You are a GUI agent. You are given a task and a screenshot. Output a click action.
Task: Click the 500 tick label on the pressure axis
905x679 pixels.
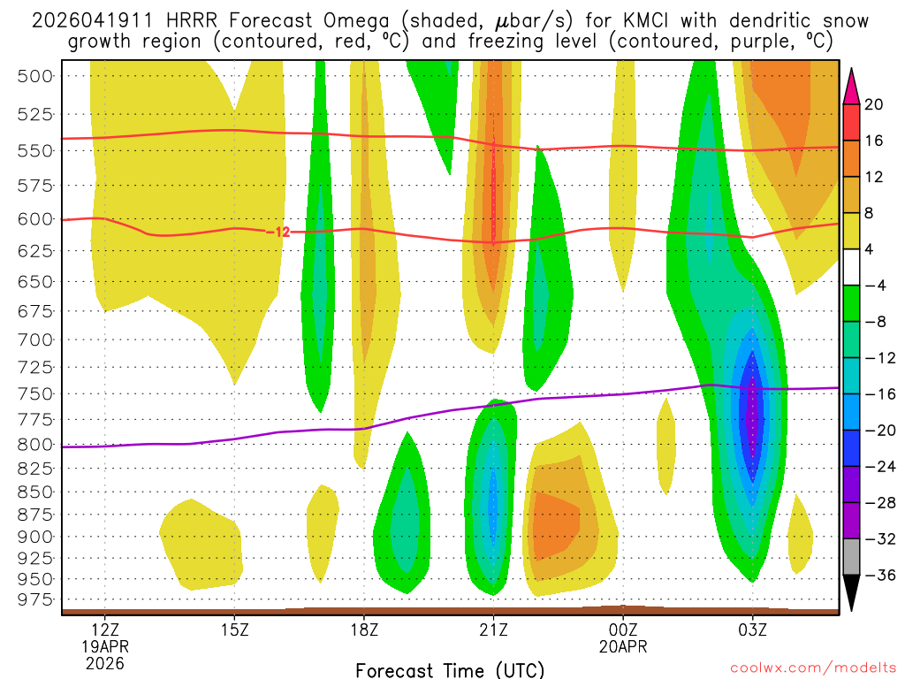[35, 76]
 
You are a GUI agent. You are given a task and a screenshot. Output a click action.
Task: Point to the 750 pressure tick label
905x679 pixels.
[35, 393]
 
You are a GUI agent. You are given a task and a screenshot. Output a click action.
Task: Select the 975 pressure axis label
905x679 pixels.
[35, 600]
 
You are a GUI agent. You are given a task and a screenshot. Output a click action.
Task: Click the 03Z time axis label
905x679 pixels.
[752, 630]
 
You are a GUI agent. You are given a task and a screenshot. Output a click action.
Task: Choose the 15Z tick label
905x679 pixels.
[234, 630]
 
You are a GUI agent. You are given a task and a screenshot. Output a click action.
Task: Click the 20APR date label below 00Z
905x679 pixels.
[623, 646]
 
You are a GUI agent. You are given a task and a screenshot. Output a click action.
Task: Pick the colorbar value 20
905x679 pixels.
[873, 104]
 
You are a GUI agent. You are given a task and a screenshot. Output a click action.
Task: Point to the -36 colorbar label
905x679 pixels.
[871, 575]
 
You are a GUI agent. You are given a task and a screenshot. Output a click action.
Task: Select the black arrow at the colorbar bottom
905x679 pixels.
[852, 592]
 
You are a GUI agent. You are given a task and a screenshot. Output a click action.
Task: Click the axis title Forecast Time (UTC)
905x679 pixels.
[450, 669]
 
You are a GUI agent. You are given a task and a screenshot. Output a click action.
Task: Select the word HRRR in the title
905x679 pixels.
[165, 20]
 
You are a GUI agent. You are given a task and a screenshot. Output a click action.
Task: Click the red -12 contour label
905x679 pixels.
[278, 232]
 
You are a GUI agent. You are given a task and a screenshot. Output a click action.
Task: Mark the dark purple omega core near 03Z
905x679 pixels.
[752, 416]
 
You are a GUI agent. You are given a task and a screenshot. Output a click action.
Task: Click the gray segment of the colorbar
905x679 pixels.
[852, 556]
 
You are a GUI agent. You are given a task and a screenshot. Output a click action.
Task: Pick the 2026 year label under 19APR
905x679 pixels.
[105, 662]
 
